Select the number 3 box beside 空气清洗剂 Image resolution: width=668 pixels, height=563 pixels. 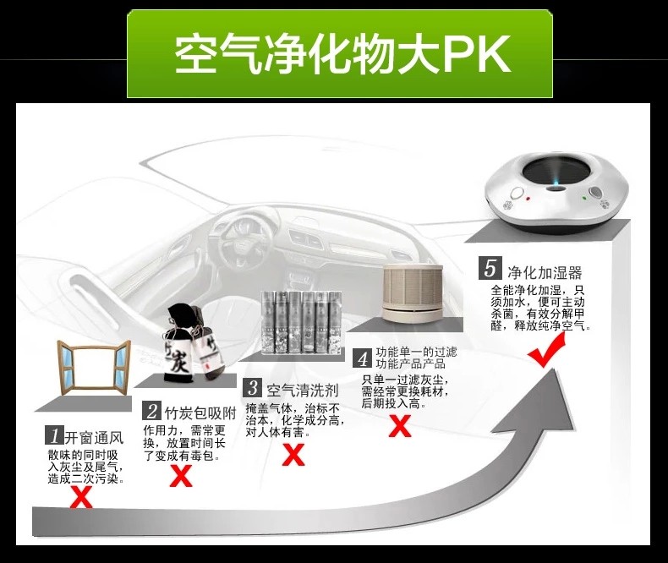252,389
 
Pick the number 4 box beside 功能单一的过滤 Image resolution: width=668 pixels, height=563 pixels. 362,358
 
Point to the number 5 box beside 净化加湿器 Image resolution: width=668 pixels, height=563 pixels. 490,271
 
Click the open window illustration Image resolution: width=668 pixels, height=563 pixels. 93,364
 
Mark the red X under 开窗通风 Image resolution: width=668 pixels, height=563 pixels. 81,497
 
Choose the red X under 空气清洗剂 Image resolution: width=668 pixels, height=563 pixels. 293,455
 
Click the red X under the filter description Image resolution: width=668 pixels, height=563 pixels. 400,426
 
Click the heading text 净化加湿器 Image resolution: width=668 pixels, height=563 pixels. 545,272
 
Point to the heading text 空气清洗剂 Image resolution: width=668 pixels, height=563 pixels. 303,390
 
